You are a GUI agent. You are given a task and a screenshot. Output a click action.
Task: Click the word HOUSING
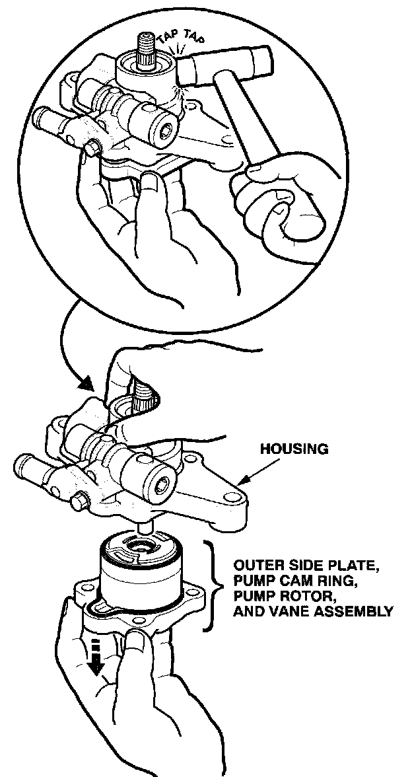pos(294,449)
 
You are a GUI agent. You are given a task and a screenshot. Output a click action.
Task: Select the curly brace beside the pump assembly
pos(212,584)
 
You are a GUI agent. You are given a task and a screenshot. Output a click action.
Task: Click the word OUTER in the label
pos(256,566)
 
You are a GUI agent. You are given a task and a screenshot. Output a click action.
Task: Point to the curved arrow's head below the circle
pos(85,384)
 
